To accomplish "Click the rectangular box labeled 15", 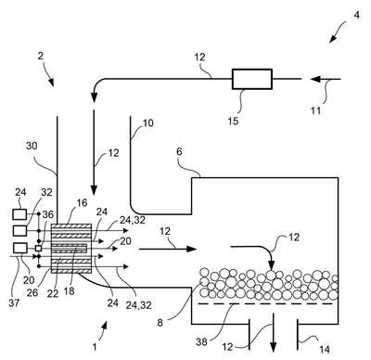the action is point(252,79).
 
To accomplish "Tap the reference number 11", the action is point(315,110).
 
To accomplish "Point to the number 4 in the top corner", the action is point(357,15).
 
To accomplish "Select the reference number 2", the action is point(41,56).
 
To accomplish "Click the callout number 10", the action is point(147,123).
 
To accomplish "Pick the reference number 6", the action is point(179,151).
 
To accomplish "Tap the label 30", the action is point(32,146).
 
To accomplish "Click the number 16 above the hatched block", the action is point(83,203).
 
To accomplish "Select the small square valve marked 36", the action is point(39,248).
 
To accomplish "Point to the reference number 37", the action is point(14,303).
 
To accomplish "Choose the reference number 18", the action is point(69,291).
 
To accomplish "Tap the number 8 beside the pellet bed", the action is point(160,323).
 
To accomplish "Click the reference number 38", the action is point(201,342).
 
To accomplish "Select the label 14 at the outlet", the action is point(325,350).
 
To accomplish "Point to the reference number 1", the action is point(95,346).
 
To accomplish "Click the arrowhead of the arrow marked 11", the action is point(315,79).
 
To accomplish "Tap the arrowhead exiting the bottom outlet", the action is point(274,347).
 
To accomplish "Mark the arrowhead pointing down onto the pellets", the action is point(271,265).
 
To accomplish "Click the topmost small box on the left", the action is point(19,214).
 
